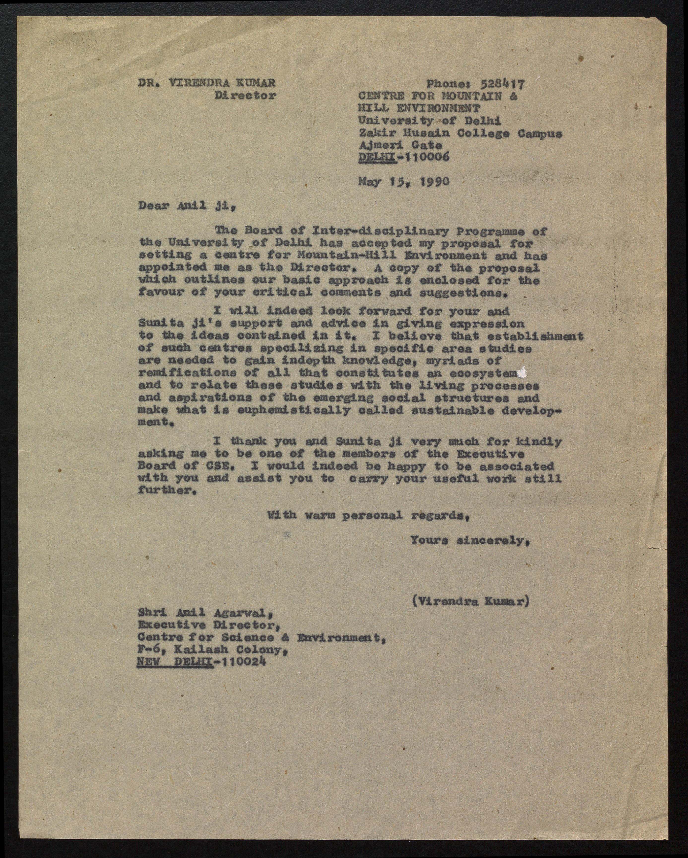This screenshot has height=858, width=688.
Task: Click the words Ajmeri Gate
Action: pos(400,145)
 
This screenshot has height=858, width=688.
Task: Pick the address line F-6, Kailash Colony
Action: pos(212,650)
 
